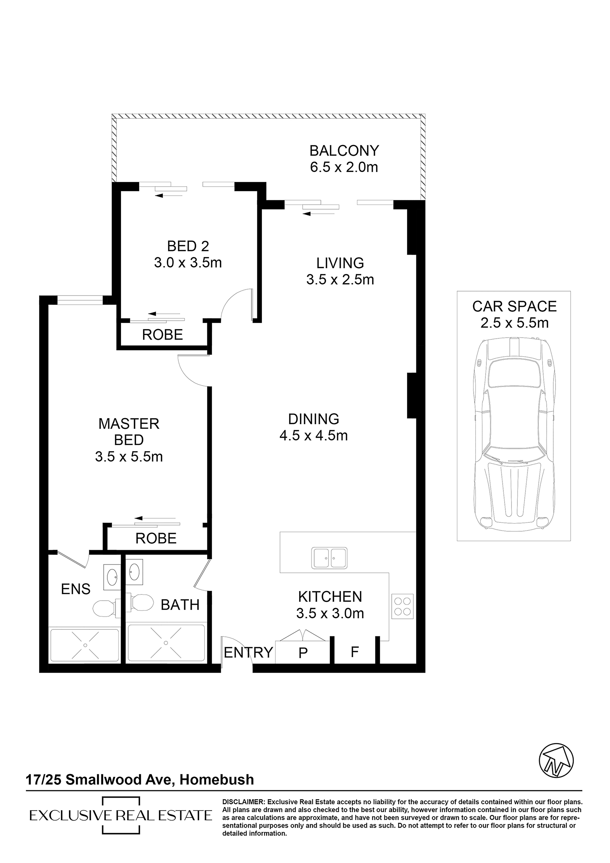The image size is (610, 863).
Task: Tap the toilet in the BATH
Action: (x=140, y=603)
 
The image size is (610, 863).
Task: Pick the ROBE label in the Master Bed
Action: (x=156, y=539)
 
